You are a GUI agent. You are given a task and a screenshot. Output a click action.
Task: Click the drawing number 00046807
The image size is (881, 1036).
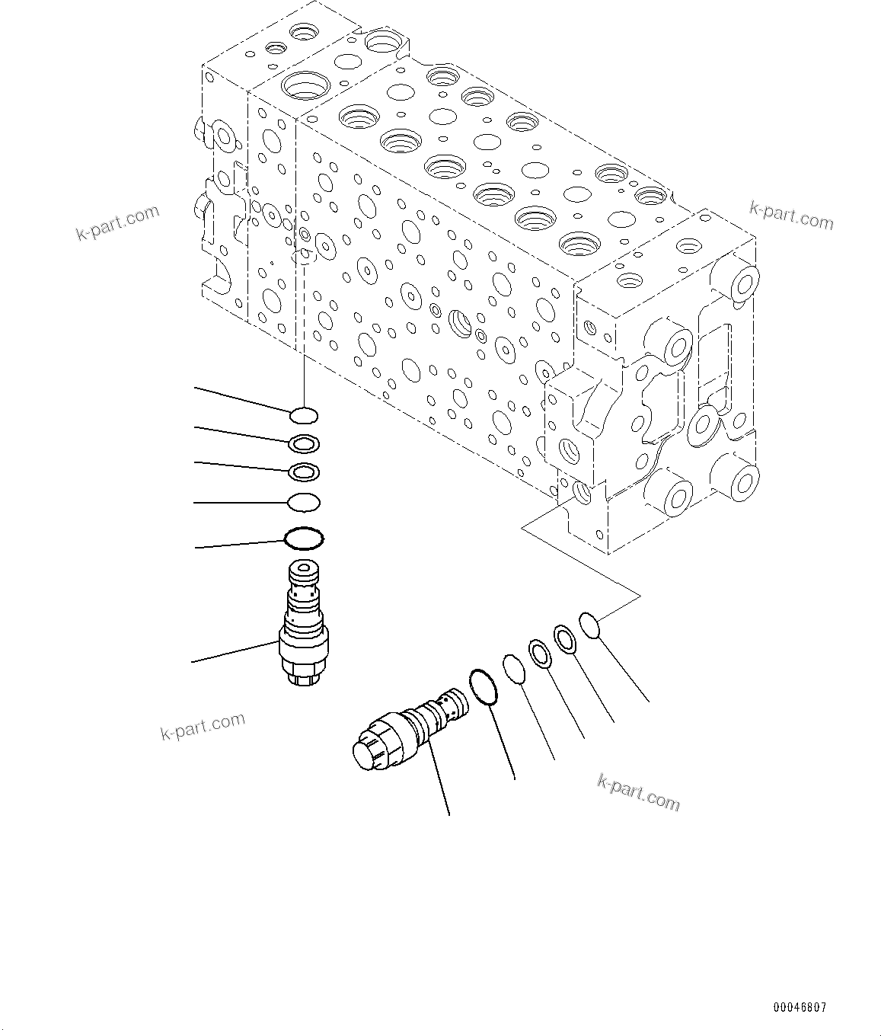point(800,1006)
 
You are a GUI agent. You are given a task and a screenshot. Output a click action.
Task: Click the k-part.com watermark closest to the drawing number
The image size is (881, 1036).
point(639,792)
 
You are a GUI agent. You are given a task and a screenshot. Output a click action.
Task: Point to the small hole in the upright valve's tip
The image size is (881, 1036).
point(305,568)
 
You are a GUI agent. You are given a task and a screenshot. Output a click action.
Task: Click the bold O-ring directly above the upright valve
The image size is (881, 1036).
point(305,539)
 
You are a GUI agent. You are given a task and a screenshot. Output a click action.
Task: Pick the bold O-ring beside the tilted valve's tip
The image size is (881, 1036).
point(484,686)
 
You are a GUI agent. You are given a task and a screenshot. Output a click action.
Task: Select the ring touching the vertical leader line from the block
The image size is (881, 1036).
point(304,415)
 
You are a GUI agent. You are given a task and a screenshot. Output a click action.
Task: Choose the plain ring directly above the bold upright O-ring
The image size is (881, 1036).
point(304,503)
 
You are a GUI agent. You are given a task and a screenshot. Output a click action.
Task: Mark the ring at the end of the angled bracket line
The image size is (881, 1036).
point(590,625)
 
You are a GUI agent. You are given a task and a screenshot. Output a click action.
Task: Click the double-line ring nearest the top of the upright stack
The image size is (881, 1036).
point(305,443)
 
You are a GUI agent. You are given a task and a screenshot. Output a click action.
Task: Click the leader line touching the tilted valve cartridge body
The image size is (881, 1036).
point(438,777)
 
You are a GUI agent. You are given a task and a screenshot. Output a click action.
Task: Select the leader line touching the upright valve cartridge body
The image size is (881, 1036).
point(236,652)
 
